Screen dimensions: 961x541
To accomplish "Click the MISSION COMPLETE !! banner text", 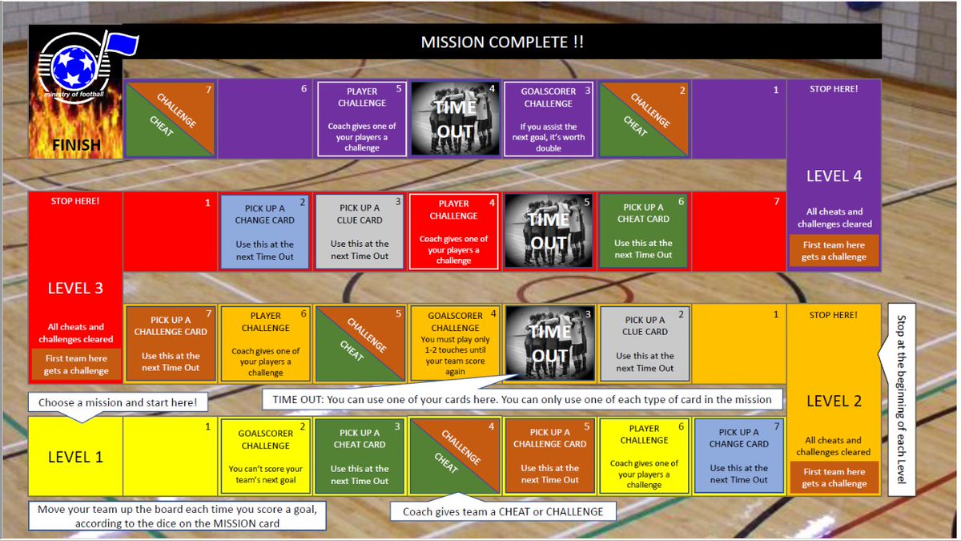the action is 502,42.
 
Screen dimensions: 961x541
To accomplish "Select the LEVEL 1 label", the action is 75,457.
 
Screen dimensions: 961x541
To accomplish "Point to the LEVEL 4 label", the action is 834,176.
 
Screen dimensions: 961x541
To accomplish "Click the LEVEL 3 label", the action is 75,288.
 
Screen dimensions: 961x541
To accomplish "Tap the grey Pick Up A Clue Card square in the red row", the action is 360,231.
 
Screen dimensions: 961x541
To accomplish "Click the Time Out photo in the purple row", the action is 454,119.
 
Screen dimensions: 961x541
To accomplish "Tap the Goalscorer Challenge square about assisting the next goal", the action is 548,119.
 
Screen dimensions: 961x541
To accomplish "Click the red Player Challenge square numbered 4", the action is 453,231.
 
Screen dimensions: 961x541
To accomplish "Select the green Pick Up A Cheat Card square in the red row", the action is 643,231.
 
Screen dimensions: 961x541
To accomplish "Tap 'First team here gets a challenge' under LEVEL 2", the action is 834,478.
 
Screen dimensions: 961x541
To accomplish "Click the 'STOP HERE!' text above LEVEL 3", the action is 75,200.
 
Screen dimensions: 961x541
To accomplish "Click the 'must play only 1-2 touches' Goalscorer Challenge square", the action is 454,344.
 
